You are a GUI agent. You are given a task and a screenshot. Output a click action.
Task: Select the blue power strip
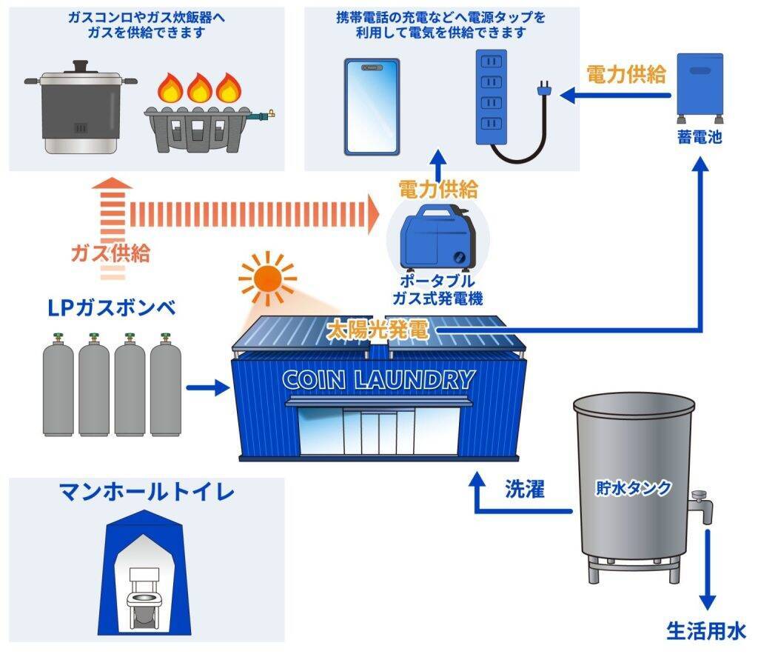[x=490, y=96]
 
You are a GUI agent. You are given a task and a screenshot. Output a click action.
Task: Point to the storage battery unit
[x=699, y=87]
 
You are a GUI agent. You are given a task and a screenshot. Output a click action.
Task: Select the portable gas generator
[x=437, y=237]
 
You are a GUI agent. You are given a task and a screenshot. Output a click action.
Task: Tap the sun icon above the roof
[x=265, y=279]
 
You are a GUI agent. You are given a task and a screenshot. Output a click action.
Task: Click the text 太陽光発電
[x=378, y=330]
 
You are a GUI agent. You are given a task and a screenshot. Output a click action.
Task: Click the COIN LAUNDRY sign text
[x=378, y=380]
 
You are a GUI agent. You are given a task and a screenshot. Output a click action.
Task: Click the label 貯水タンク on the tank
[x=634, y=488]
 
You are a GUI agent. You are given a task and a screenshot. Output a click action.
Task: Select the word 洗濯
[x=525, y=489]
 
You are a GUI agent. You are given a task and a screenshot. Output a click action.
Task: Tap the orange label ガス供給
[x=110, y=253]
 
